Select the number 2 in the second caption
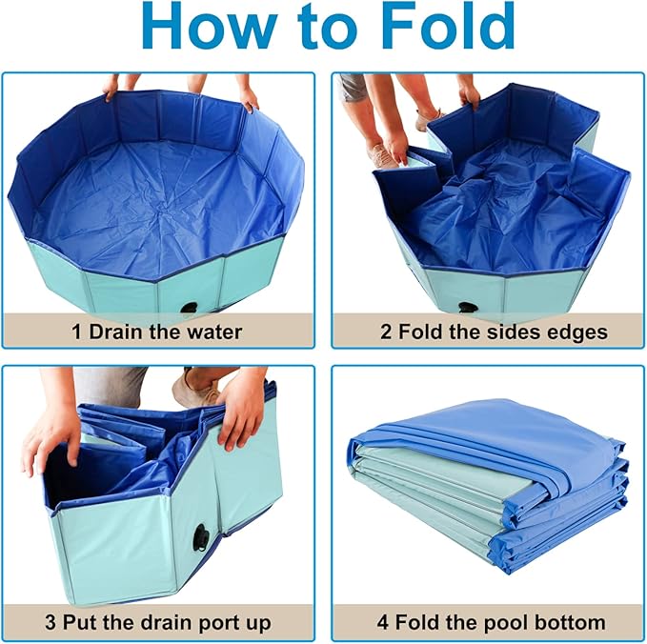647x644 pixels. (x=386, y=332)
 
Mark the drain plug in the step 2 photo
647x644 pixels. (x=467, y=309)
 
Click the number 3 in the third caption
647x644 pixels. (x=51, y=623)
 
